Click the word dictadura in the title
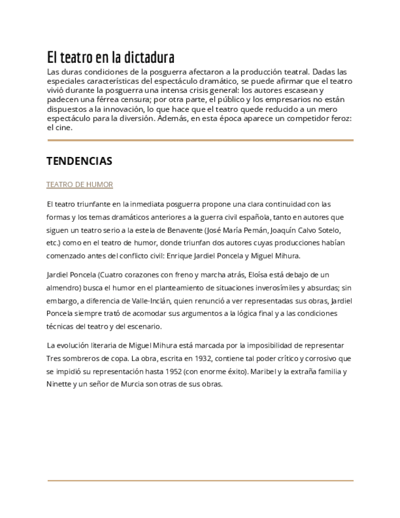(x=150, y=57)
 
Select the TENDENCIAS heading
(x=79, y=161)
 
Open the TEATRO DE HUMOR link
(x=79, y=184)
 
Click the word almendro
(x=66, y=288)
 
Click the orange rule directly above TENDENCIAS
(x=200, y=140)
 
